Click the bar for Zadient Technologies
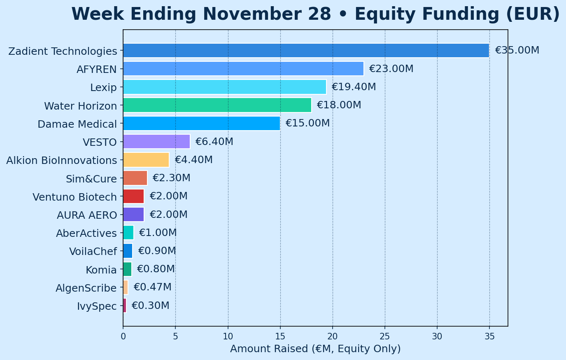306,50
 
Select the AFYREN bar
243,68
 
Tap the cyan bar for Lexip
224,87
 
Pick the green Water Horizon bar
217,105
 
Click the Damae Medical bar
201,123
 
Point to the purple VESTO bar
156,142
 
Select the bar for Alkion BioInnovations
146,160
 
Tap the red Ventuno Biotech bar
133,196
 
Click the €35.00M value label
517,50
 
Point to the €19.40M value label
354,87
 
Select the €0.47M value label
152,287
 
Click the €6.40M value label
214,142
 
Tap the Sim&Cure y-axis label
91,179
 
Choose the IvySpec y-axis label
97,306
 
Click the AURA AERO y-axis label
87,215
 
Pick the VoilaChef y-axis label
93,251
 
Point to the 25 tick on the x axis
385,337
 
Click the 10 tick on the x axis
228,337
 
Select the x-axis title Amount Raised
315,349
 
